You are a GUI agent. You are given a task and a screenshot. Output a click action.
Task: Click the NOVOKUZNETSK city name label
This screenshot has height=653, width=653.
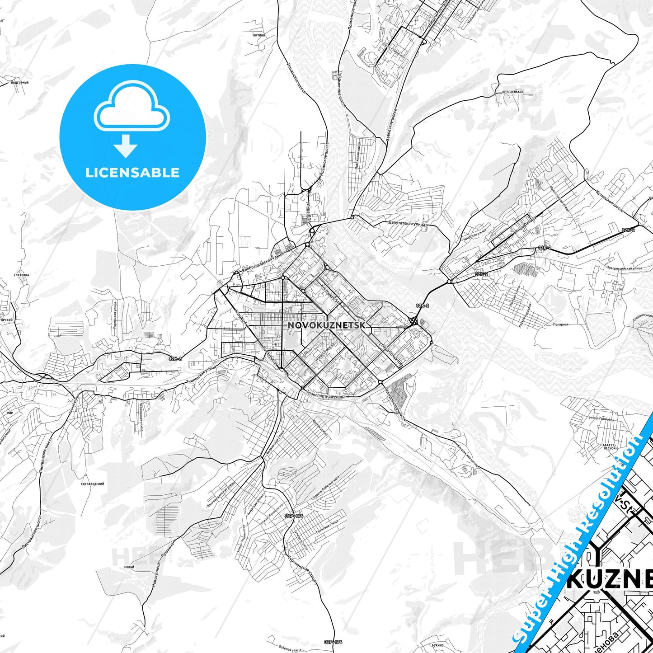click(x=326, y=325)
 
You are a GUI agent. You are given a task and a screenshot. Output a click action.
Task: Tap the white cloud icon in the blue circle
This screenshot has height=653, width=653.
click(x=132, y=108)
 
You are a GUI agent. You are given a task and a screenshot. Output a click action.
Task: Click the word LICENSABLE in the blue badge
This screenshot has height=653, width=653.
click(x=132, y=173)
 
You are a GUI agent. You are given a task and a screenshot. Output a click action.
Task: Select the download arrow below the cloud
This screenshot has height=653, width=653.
click(x=126, y=146)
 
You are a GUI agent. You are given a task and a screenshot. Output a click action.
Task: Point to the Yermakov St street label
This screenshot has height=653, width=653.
click(x=330, y=292)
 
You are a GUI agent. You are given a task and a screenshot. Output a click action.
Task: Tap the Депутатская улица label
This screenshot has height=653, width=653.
click(x=407, y=223)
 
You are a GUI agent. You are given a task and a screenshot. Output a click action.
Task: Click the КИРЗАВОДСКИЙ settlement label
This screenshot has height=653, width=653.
click(x=93, y=484)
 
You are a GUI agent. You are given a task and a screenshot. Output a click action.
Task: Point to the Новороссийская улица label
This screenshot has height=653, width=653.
click(x=624, y=268)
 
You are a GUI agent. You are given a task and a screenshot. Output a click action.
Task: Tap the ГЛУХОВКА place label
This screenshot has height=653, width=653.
click(x=21, y=275)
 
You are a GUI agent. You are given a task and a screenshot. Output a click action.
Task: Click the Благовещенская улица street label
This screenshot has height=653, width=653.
click(x=221, y=494)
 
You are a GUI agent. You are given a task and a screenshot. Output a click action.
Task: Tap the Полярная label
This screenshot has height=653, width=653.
click(x=560, y=324)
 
